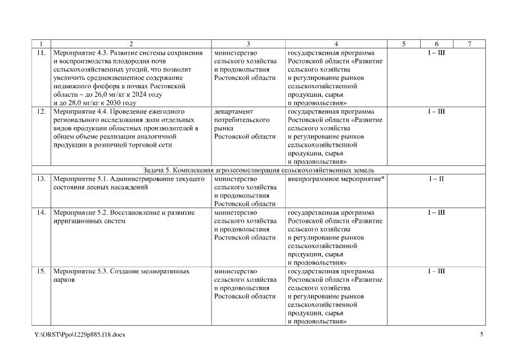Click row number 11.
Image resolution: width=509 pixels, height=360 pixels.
40,53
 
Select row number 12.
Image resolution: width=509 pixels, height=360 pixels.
40,111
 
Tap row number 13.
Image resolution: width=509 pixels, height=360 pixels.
40,179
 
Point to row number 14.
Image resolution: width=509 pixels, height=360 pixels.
40,213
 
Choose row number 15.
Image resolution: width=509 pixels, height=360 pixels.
40,271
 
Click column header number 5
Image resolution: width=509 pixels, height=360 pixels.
404,44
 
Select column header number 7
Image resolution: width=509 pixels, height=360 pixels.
470,44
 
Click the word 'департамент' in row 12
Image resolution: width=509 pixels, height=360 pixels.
234,111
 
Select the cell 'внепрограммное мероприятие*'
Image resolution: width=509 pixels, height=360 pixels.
331,179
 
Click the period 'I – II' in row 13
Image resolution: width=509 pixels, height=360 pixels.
436,179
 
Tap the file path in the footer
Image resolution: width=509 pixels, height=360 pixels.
79,335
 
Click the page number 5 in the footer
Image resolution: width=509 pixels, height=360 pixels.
481,335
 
